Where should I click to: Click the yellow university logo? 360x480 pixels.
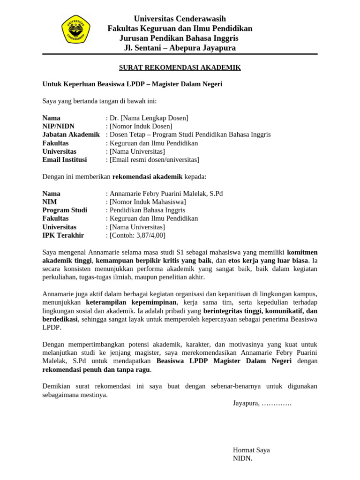(x=76, y=29)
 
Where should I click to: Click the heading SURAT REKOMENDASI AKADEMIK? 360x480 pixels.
(x=180, y=67)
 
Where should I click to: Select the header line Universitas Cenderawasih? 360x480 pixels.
(x=180, y=19)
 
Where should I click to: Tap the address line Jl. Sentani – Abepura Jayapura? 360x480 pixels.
(x=180, y=48)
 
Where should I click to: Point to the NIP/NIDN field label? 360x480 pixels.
(x=59, y=126)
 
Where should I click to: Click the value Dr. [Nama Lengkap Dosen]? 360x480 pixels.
(x=149, y=118)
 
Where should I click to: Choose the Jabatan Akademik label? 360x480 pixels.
(x=71, y=135)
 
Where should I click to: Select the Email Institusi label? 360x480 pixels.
(x=65, y=160)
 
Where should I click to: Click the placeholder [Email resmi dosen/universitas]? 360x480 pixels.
(x=154, y=160)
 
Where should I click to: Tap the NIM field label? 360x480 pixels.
(x=50, y=202)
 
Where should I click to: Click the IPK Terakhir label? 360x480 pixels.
(x=63, y=235)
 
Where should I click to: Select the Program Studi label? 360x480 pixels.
(x=65, y=210)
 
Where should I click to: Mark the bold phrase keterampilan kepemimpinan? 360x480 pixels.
(x=131, y=302)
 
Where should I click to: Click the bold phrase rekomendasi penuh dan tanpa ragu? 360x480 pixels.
(x=96, y=369)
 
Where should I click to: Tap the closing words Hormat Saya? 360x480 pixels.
(x=251, y=450)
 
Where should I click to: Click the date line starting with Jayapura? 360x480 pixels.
(x=262, y=403)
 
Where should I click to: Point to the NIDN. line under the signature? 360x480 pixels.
(x=242, y=458)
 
